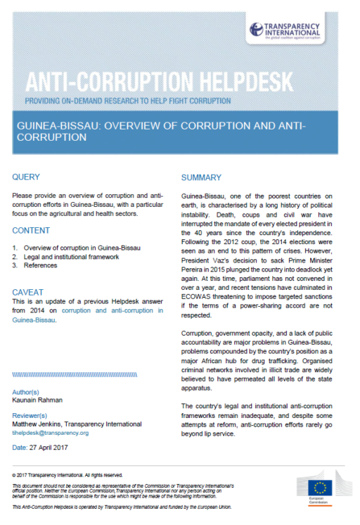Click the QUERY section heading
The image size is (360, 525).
[x=27, y=177]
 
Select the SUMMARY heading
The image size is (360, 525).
[x=201, y=177]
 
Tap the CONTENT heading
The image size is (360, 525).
[x=31, y=230]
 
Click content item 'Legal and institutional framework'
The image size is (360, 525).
[x=72, y=257]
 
